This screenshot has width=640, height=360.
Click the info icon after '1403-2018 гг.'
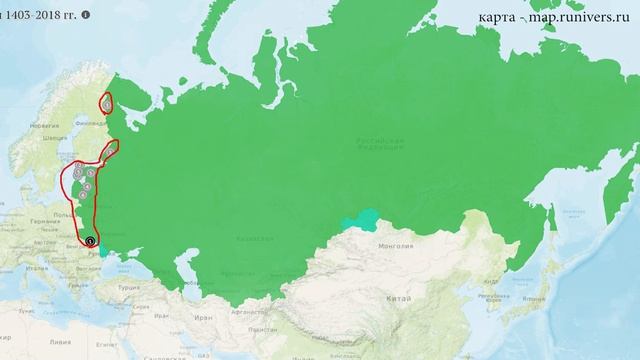[85, 16]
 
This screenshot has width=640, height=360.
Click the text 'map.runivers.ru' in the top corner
[585, 17]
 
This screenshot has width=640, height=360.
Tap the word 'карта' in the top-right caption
[498, 17]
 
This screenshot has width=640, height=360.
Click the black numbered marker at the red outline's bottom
[90, 241]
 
